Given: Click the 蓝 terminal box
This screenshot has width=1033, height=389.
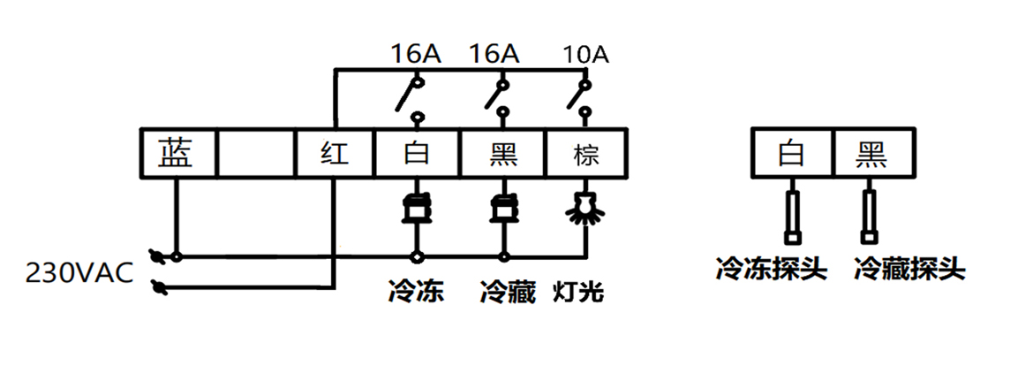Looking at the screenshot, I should [179, 154].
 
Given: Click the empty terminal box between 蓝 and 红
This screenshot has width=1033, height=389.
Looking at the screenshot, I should [255, 154].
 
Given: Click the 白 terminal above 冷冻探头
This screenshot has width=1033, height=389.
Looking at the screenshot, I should [792, 154].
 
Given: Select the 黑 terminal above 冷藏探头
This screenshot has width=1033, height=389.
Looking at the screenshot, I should [871, 154].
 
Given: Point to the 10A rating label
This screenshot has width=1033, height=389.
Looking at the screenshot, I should [586, 55].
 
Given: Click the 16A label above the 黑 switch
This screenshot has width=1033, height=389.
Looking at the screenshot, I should [494, 55].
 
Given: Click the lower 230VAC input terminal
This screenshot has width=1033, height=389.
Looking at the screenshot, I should [160, 286].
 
